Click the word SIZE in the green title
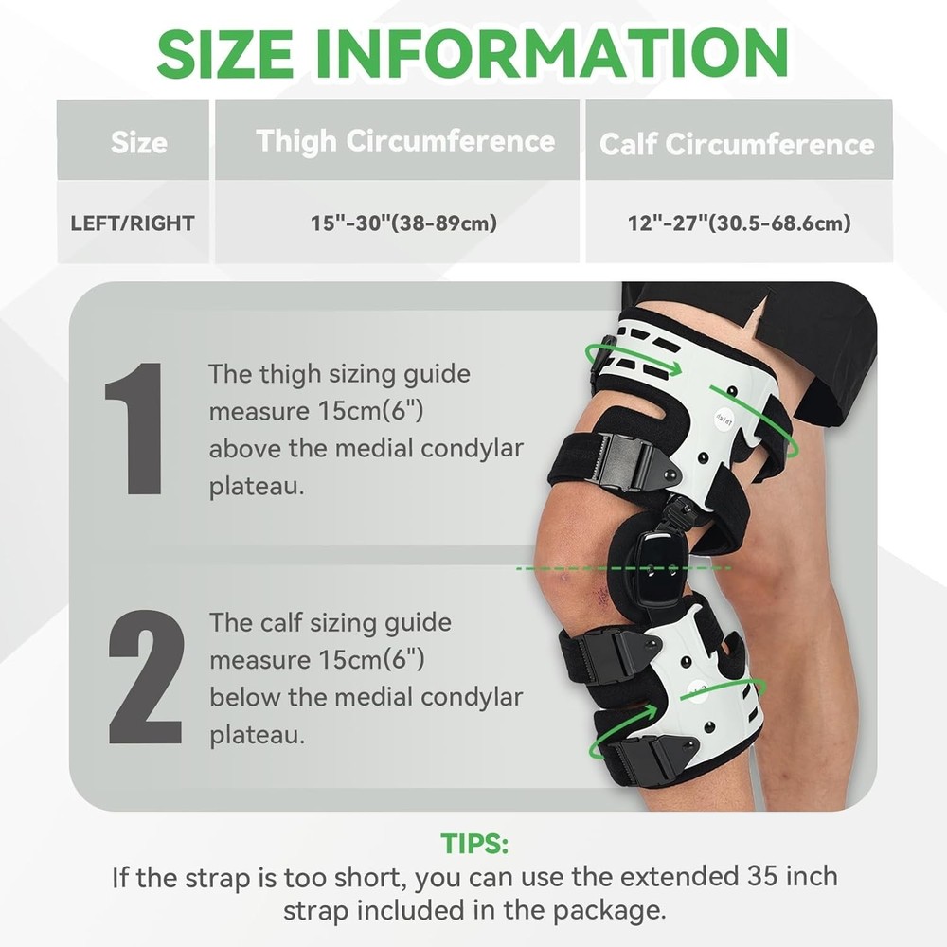pyautogui.click(x=224, y=54)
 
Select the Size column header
pyautogui.click(x=139, y=143)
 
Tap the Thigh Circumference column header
pyautogui.click(x=405, y=141)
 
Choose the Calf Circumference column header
pyautogui.click(x=737, y=144)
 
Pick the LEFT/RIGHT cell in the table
pyautogui.click(x=133, y=223)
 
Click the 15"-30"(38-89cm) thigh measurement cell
pyautogui.click(x=403, y=223)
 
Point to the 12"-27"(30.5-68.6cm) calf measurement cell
pyautogui.click(x=739, y=223)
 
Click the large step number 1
pyautogui.click(x=135, y=429)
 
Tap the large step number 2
pyautogui.click(x=146, y=677)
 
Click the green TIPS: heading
pyautogui.click(x=474, y=843)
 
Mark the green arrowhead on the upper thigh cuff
pyautogui.click(x=673, y=366)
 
